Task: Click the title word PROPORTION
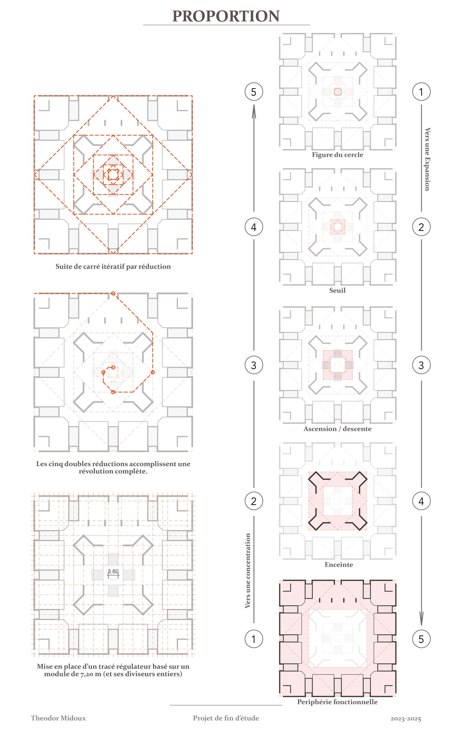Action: coord(226,16)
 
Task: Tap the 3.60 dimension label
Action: coord(113,571)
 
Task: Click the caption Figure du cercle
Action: coord(338,155)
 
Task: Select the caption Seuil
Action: coord(338,290)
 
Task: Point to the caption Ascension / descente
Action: coord(338,429)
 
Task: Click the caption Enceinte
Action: coord(339,565)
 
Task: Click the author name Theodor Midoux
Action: coord(58,718)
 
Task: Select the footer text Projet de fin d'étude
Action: coord(226,718)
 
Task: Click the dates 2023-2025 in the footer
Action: coord(406,719)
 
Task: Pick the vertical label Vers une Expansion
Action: coord(427,159)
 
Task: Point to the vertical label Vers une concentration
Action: coord(247,571)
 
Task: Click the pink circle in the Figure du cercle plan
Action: coord(338,92)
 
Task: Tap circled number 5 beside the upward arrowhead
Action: coord(254,92)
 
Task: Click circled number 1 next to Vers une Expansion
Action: coord(421,92)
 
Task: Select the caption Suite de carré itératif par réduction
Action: coord(113,267)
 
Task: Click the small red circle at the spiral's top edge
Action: coord(113,293)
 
